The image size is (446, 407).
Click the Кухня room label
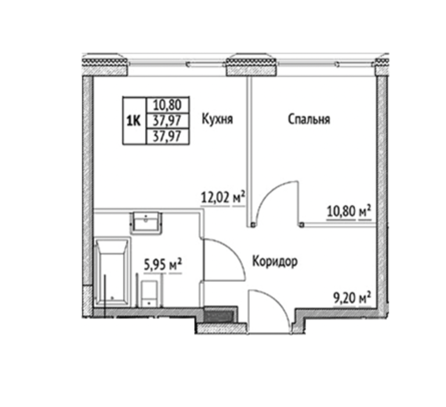[217, 119]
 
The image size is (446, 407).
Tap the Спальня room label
[309, 119]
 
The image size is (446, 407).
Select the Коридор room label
[275, 262]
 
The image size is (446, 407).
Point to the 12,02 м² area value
[223, 197]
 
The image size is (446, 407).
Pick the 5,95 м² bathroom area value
[163, 265]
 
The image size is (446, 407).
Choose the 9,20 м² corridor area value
[352, 298]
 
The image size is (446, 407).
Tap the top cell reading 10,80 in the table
[167, 105]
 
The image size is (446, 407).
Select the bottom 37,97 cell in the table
[167, 137]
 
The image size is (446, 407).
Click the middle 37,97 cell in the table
[167, 121]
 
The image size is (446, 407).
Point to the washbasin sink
[146, 223]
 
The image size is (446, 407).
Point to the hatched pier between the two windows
[251, 66]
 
